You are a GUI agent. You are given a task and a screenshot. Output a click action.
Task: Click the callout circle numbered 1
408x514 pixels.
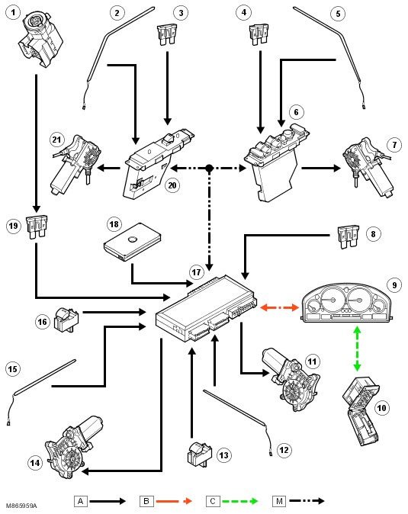[13, 13]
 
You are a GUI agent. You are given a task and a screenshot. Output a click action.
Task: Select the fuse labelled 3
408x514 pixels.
[167, 34]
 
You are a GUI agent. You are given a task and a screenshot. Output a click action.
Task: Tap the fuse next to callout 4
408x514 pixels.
[259, 34]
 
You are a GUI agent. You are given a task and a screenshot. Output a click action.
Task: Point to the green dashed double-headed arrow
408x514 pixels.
[357, 349]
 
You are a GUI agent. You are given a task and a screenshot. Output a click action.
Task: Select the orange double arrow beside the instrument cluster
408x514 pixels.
[280, 307]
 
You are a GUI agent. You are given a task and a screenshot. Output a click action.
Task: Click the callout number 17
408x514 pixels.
[196, 272]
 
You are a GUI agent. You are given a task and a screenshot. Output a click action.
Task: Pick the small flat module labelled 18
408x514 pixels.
[133, 242]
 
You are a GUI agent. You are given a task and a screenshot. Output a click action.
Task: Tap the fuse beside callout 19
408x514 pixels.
[37, 226]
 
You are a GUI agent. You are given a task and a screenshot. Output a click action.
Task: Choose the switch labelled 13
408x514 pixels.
[199, 455]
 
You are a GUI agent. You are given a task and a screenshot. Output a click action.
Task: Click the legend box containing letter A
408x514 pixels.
[81, 501]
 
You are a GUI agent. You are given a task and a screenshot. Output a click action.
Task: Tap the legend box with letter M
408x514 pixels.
[279, 501]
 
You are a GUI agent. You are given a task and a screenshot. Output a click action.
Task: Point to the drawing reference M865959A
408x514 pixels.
[21, 506]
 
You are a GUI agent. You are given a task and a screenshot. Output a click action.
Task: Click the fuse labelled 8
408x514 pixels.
[349, 236]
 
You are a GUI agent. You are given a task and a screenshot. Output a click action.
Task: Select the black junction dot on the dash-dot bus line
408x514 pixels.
[209, 169]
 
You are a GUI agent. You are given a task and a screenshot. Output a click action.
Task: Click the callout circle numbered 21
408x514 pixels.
[56, 140]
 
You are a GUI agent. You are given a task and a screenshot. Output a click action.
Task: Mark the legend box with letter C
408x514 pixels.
[213, 501]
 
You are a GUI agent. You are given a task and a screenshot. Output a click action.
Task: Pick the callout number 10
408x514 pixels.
[381, 408]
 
